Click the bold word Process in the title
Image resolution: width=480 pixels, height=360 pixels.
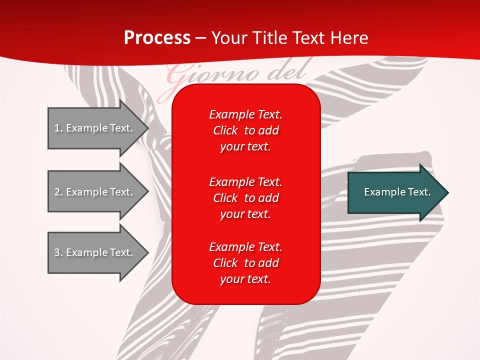click(x=156, y=38)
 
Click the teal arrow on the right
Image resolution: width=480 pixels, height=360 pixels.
click(x=395, y=192)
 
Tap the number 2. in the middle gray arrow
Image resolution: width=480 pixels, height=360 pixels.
click(x=58, y=192)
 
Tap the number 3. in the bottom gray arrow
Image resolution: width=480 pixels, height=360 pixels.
click(x=58, y=252)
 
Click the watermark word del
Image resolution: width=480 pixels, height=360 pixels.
click(x=287, y=71)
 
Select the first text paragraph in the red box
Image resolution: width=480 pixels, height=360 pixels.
click(x=245, y=130)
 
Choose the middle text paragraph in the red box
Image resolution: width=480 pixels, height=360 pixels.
click(x=245, y=198)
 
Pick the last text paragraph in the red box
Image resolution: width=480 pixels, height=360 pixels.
click(x=245, y=263)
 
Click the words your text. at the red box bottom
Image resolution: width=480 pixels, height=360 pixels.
click(x=245, y=279)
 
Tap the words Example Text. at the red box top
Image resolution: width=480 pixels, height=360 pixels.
click(x=245, y=114)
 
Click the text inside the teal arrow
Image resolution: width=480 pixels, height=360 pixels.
click(x=397, y=192)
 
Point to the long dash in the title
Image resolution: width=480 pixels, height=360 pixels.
click(x=200, y=38)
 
